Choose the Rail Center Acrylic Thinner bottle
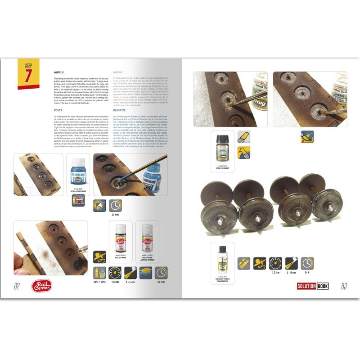(148, 238)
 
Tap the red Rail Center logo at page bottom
(42, 285)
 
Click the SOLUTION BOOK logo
(313, 286)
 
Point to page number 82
(17, 286)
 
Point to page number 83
(344, 286)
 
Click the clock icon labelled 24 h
(307, 263)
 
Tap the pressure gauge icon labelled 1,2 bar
(276, 263)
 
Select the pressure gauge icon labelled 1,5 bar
(115, 273)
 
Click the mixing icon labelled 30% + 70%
(99, 273)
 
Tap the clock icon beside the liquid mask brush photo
(115, 206)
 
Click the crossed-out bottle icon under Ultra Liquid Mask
(78, 200)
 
